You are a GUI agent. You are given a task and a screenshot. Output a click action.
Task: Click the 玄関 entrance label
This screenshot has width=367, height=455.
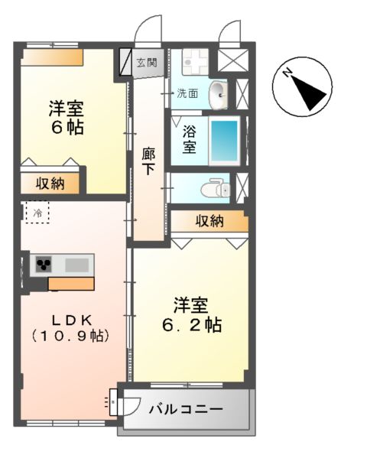[146, 63]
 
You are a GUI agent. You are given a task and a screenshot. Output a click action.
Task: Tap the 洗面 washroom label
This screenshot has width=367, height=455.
[188, 94]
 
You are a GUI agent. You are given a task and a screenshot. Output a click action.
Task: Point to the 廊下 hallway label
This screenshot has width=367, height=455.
[149, 160]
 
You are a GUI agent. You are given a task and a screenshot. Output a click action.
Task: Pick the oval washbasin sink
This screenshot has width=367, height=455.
[217, 94]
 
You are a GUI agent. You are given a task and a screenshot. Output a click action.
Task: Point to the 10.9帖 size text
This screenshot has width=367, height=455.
[70, 335]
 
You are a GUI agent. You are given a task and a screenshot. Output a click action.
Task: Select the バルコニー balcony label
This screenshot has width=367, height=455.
[186, 410]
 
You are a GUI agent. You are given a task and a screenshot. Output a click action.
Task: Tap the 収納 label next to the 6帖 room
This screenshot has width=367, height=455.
[49, 184]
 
